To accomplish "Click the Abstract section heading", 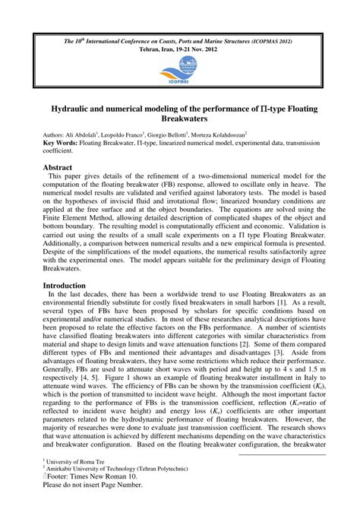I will [x=58, y=167].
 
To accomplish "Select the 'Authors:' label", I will [x=57, y=134].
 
